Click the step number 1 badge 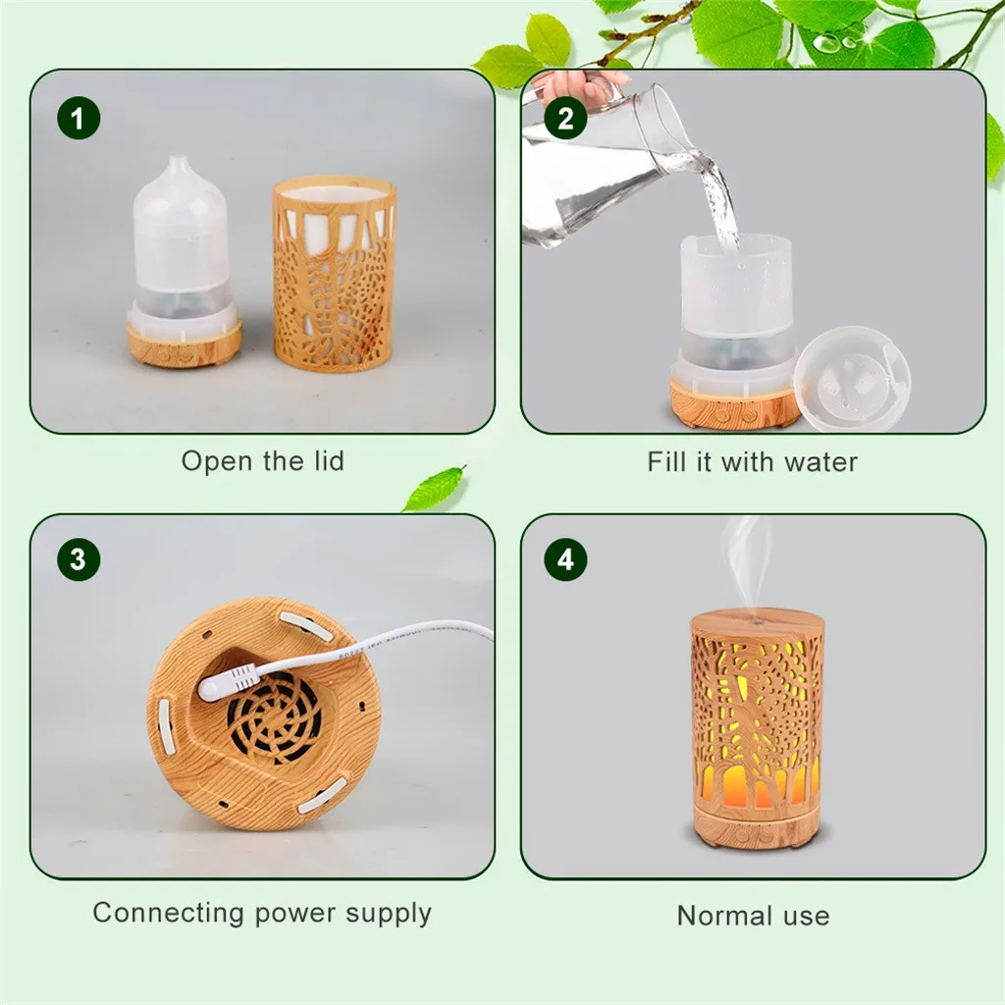(79, 119)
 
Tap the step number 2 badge (565, 119)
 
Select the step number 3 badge (79, 559)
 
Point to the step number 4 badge (565, 559)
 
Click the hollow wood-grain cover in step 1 (334, 275)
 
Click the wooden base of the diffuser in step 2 (734, 401)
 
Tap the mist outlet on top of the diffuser (757, 620)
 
